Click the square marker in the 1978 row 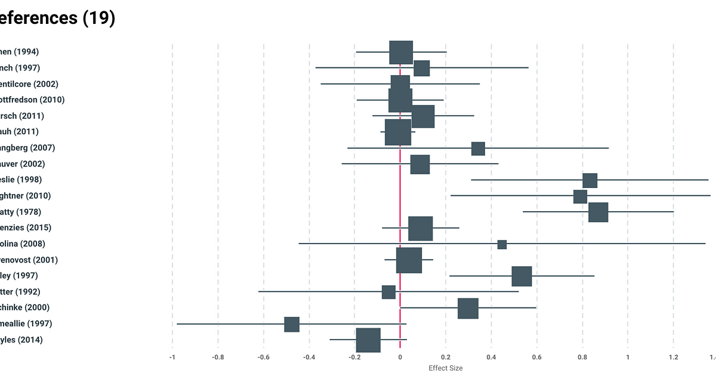coord(598,212)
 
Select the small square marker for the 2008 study coord(502,244)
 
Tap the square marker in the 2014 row coord(368,340)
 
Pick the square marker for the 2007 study coord(478,148)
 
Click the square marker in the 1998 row coord(590,180)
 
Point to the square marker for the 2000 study coord(468,308)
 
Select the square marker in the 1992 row coord(388,292)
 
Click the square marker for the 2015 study coord(420,228)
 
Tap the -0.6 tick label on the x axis coord(263,357)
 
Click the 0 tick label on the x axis coord(400,357)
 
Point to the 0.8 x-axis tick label coord(582,357)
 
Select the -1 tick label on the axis coord(172,357)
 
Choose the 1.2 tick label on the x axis coord(673,357)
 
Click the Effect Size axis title coord(445,368)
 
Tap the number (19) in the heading coord(98,19)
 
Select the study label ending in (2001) coord(29,260)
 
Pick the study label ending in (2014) coord(21,340)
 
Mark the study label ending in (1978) coord(20,212)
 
